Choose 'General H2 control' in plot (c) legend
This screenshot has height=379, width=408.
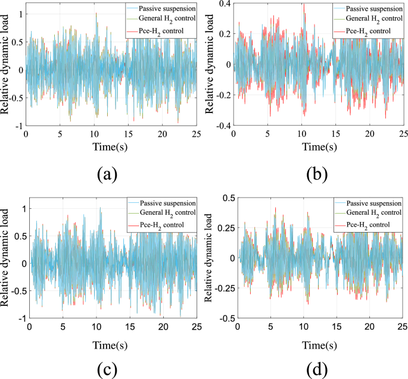[x=166, y=213]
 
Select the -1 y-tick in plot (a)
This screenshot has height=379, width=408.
[x=18, y=126]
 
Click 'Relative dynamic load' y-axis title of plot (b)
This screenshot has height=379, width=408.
[x=210, y=65]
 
